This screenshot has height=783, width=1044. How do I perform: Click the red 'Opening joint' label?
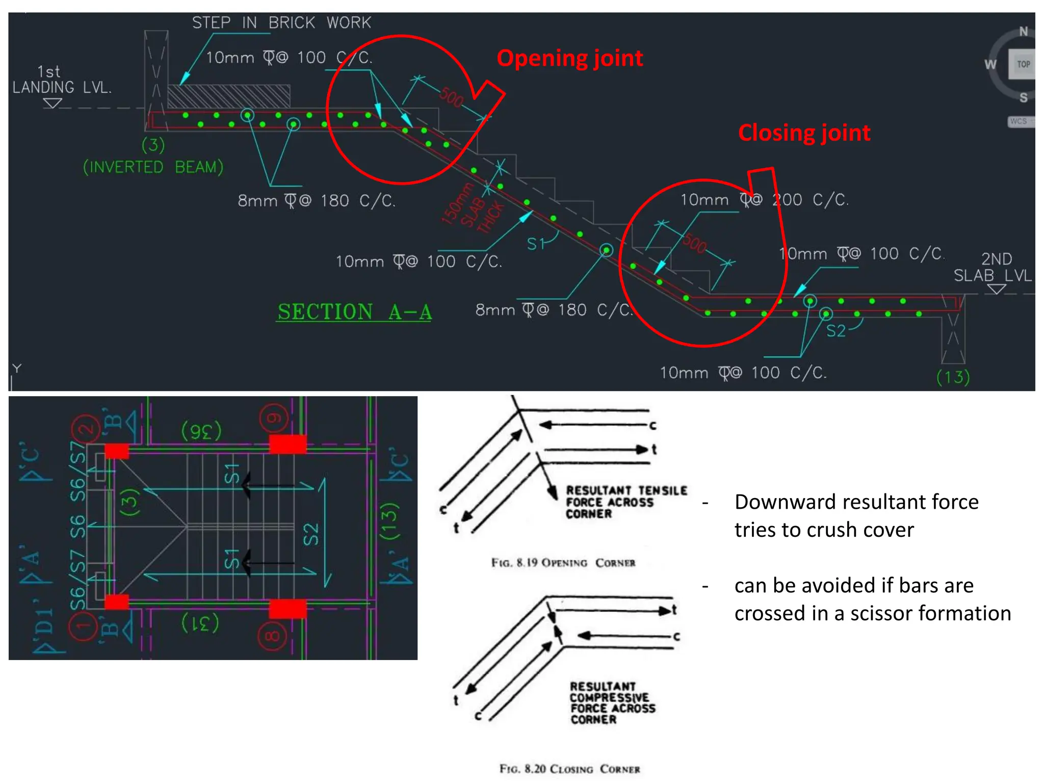569,59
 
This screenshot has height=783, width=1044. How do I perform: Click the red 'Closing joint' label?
804,133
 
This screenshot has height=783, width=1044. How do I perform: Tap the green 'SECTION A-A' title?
354,312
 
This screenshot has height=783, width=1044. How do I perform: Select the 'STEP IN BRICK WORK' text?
281,23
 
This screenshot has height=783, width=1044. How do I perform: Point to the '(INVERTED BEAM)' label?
153,167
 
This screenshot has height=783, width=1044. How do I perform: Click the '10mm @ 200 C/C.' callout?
764,200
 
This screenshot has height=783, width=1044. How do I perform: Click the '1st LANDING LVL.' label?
61,80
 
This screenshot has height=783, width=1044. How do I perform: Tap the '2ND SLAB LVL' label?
993,268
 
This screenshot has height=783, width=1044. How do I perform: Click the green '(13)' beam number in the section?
953,377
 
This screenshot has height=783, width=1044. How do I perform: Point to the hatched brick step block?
229,96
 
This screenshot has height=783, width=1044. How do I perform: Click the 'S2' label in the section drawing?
836,331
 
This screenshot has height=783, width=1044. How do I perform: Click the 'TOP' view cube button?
1023,64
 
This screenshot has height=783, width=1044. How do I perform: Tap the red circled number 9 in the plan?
274,418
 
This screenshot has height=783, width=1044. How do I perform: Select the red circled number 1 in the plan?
84,625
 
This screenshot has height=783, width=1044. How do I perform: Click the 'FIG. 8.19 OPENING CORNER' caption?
563,563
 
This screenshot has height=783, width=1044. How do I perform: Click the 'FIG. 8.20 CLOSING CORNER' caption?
569,769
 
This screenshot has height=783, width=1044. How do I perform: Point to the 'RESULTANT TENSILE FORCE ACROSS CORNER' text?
626,502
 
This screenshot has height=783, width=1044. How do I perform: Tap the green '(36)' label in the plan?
201,431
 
